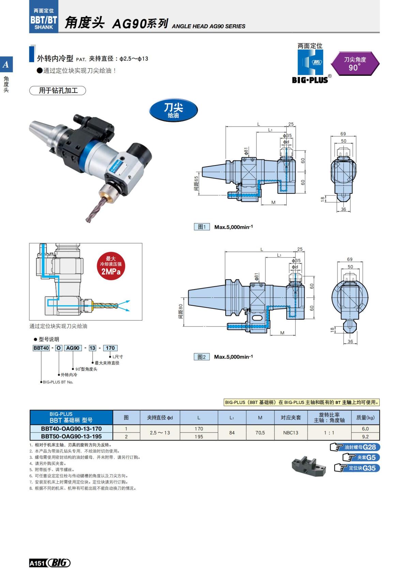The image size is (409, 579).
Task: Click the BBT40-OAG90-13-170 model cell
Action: pyautogui.click(x=71, y=429)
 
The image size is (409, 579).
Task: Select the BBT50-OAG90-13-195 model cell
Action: pyautogui.click(x=71, y=436)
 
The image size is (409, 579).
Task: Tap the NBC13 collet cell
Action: pyautogui.click(x=290, y=433)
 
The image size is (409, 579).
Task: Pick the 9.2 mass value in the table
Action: pyautogui.click(x=365, y=437)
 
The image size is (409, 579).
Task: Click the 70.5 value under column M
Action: pyautogui.click(x=260, y=433)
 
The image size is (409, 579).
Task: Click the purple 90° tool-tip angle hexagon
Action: pyautogui.click(x=355, y=64)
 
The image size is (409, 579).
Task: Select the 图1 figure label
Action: pyautogui.click(x=202, y=227)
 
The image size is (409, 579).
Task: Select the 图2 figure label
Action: pyautogui.click(x=202, y=357)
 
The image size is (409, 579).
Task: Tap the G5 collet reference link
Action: pyautogui.click(x=361, y=458)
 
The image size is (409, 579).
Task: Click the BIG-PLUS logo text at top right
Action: pyautogui.click(x=310, y=80)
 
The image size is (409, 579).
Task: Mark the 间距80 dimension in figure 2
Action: pyautogui.click(x=181, y=312)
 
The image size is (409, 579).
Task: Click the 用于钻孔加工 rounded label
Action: pyautogui.click(x=58, y=91)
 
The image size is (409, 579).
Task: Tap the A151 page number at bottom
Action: pyautogui.click(x=37, y=563)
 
